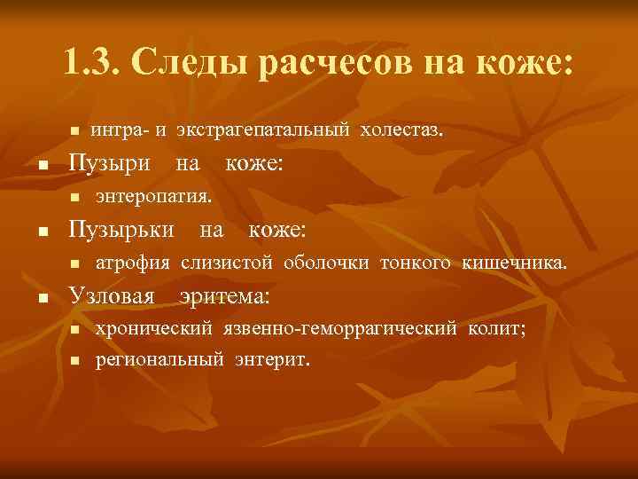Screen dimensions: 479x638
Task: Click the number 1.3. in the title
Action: tap(93, 62)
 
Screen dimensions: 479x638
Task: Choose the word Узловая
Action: tap(112, 294)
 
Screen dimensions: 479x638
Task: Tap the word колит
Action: tap(495, 328)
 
